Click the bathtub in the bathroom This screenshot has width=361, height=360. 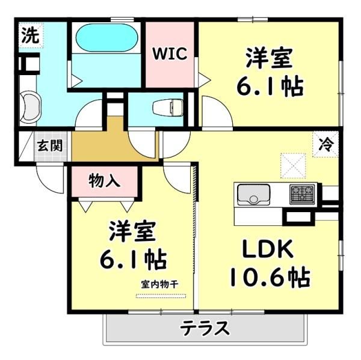pyautogui.click(x=107, y=37)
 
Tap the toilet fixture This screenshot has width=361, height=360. pyautogui.click(x=168, y=108)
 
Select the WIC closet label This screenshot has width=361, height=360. pyautogui.click(x=170, y=54)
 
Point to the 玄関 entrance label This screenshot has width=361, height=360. pyautogui.click(x=50, y=145)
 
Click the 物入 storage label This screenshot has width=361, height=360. pyautogui.click(x=105, y=180)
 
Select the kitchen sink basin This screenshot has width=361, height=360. pyautogui.click(x=253, y=194)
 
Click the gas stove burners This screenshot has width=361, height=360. pyautogui.click(x=302, y=194)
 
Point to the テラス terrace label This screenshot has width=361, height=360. pyautogui.click(x=205, y=328)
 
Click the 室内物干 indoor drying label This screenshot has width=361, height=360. pyautogui.click(x=159, y=284)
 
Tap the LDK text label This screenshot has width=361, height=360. pyautogui.click(x=268, y=249)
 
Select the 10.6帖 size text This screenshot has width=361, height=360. pyautogui.click(x=270, y=276)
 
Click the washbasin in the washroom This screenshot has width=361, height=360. pyautogui.click(x=30, y=106)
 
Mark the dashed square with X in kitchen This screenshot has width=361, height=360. pyautogui.click(x=293, y=166)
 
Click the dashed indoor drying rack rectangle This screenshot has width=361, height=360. pyautogui.click(x=161, y=296)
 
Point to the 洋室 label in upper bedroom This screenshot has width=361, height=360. pyautogui.click(x=269, y=58)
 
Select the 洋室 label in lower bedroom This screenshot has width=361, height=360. pyautogui.click(x=132, y=231)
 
